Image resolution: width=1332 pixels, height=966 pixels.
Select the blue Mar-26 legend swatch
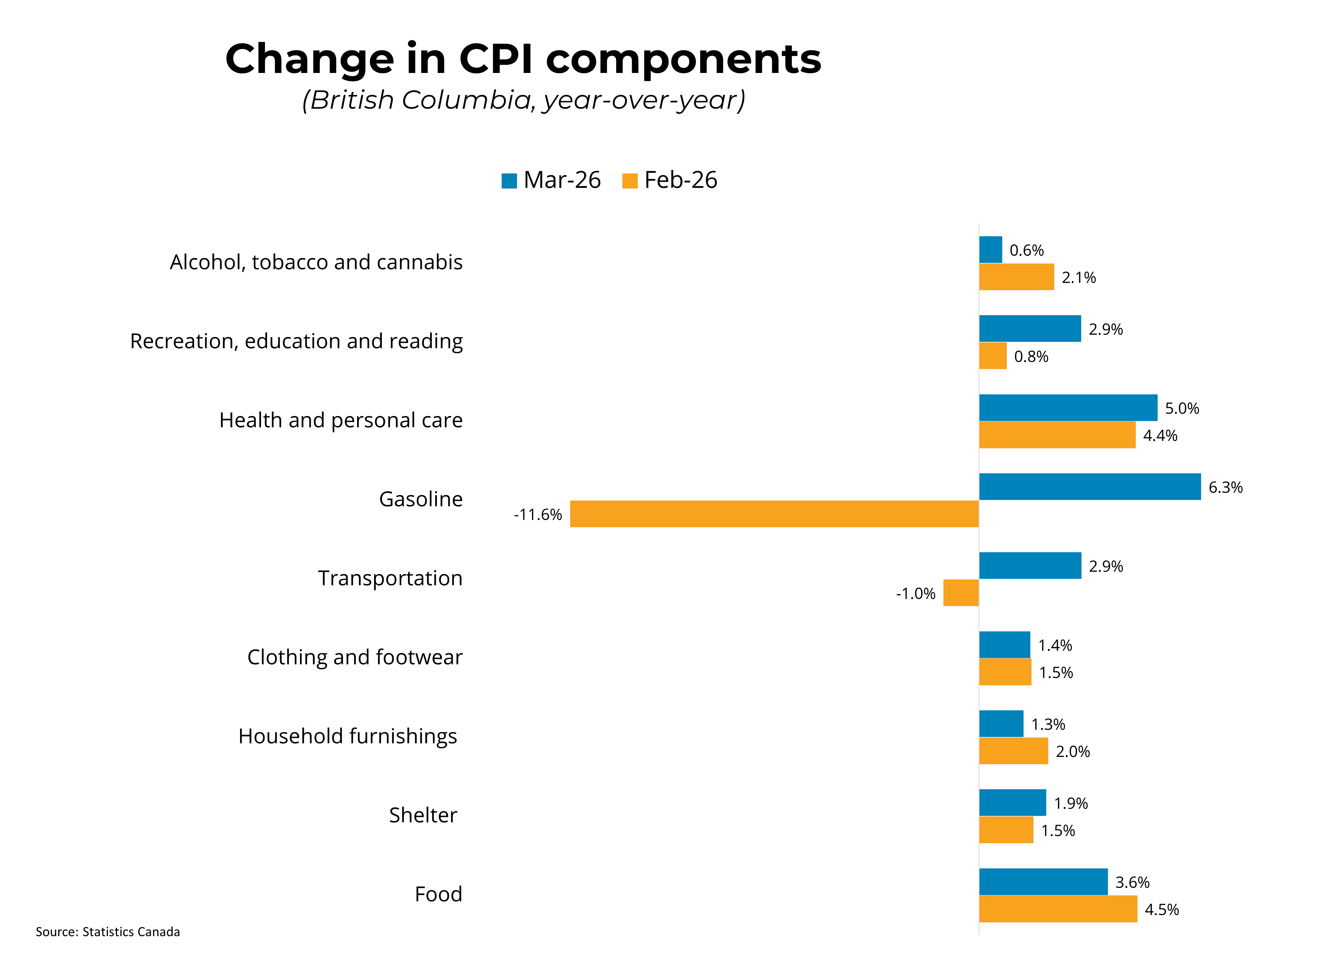508,181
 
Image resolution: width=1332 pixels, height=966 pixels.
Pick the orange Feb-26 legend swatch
629,181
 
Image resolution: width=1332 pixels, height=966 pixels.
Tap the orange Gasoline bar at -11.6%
774,514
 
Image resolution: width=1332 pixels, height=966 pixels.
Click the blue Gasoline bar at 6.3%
1089,487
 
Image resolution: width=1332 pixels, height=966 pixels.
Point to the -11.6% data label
537,515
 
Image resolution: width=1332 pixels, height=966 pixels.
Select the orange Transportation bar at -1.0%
961,593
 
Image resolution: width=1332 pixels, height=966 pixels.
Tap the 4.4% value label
1160,435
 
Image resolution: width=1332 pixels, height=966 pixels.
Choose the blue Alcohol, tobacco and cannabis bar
990,250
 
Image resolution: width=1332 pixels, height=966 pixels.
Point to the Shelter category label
423,815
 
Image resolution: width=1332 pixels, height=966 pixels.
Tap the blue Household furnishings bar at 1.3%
1001,724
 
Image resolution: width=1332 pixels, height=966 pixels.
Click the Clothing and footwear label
355,657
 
